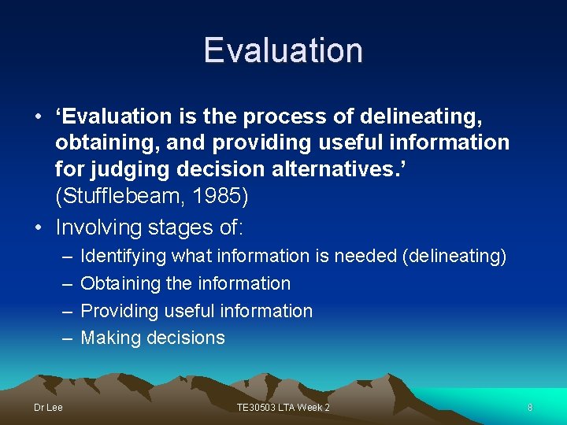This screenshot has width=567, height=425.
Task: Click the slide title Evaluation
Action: coord(283,50)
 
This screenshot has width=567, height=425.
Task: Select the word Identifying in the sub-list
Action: coord(124,257)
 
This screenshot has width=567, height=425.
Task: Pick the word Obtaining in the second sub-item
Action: coord(118,283)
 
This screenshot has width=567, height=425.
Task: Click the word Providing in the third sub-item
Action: coord(120,311)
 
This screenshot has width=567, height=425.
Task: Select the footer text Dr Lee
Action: coord(48,407)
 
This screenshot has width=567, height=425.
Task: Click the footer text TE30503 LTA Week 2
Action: coord(283,407)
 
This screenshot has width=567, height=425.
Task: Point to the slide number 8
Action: coord(530,407)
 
